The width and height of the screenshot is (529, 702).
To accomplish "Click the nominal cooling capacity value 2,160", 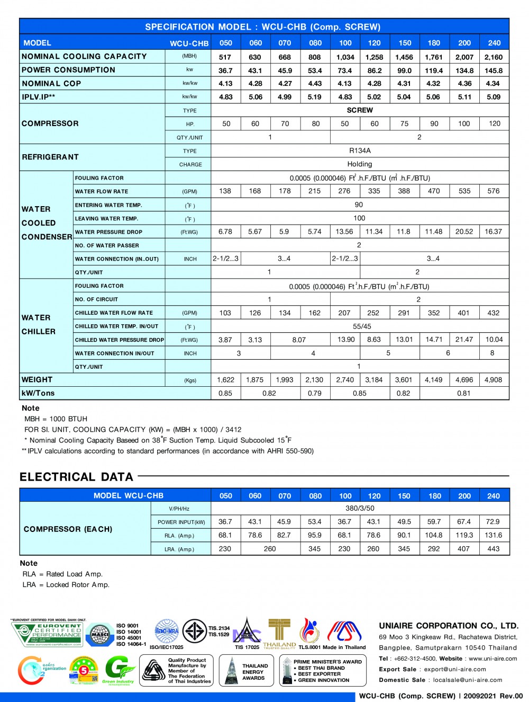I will [x=494, y=57].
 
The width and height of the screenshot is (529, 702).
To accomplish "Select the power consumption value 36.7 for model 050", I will [x=225, y=70].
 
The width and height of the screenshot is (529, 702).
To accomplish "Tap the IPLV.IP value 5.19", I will [x=315, y=97].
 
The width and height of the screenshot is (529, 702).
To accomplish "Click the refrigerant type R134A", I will [x=360, y=150].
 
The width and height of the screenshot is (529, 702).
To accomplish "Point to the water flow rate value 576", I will [x=494, y=191].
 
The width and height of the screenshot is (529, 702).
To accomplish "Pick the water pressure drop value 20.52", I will [x=464, y=232].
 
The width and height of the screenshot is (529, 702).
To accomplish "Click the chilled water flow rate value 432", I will [x=494, y=313].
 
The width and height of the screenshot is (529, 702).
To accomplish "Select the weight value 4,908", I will [x=494, y=380].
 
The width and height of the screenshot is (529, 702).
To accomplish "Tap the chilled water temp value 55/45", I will [x=362, y=326].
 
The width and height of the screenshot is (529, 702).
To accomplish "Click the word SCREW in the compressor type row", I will [x=360, y=110].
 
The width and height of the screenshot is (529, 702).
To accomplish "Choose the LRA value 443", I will [x=494, y=549].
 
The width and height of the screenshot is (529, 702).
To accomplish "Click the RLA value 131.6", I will [x=494, y=535].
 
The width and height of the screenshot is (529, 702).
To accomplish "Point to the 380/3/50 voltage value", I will [x=360, y=508].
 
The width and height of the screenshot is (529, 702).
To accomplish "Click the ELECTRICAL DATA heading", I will [x=76, y=477].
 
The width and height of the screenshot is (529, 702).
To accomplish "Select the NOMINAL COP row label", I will [x=51, y=84].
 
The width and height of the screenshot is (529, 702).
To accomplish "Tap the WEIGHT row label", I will [x=37, y=380].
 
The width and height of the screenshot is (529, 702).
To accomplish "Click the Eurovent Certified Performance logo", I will [x=48, y=634].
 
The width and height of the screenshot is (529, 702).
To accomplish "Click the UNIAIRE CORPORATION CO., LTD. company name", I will [x=449, y=626].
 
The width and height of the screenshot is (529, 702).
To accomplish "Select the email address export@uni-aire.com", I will [x=455, y=669].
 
